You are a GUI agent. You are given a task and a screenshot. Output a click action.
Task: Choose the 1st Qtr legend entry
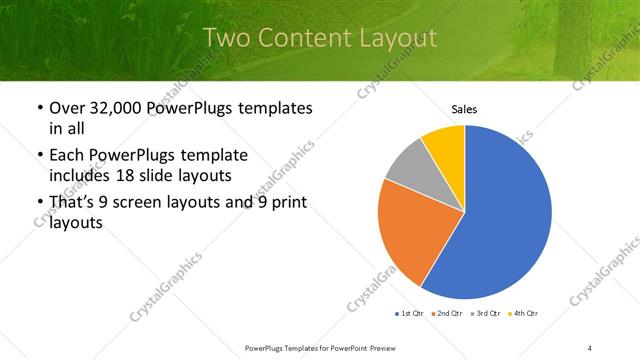410,314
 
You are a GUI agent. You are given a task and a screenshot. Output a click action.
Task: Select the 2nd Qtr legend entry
447,314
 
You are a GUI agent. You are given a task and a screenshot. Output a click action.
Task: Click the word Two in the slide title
226,39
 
